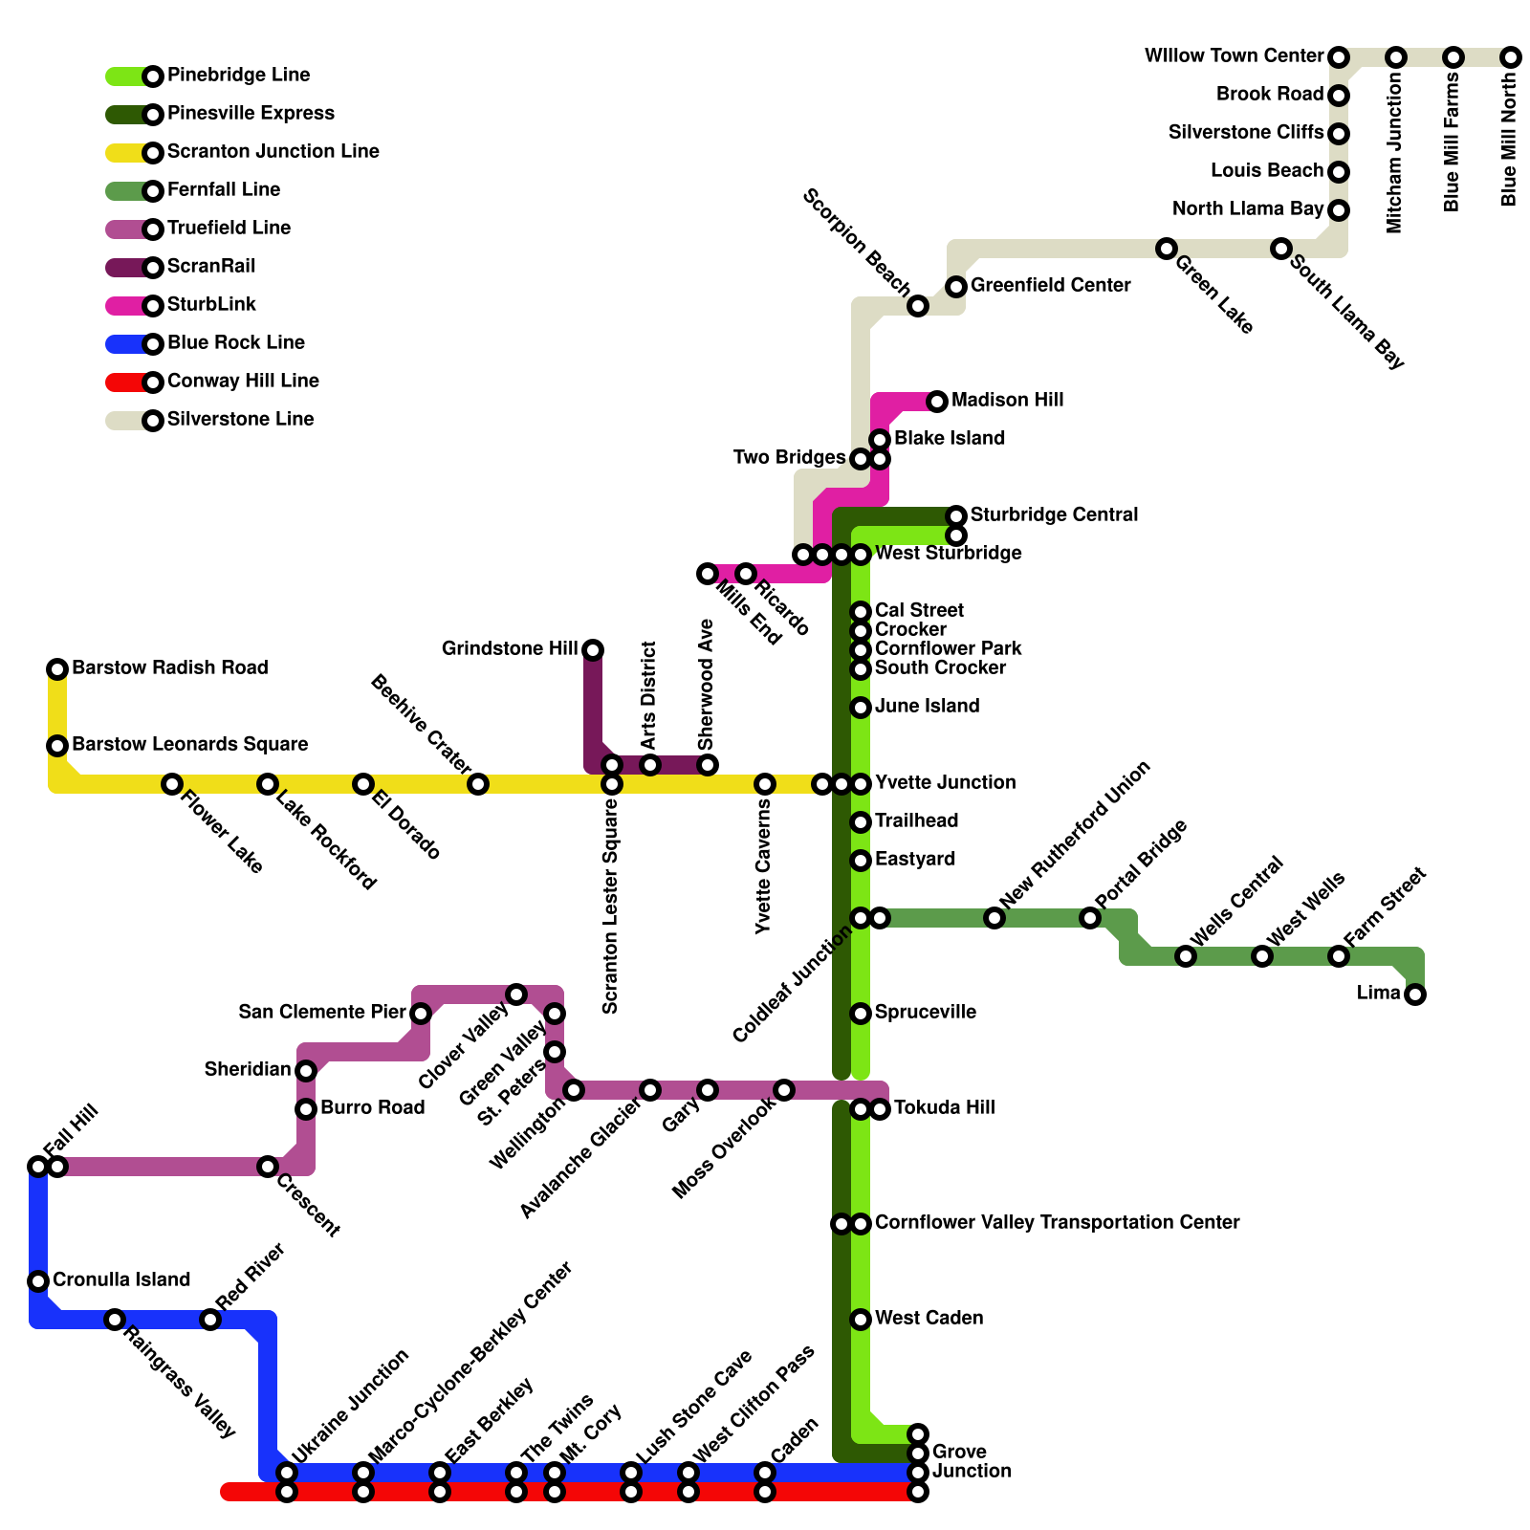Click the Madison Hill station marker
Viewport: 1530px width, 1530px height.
937,402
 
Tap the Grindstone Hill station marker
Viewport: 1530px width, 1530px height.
593,650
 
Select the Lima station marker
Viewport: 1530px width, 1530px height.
1415,994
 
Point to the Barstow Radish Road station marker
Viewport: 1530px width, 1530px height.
57,669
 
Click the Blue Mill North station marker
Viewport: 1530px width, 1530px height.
1511,57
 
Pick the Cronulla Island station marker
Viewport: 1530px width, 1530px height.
38,1281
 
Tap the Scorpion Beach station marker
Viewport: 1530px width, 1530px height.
918,306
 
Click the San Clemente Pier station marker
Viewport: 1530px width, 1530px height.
421,1014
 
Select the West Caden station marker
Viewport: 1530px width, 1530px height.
861,1320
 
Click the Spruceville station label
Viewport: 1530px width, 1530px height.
925,1012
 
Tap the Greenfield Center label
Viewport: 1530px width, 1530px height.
1050,285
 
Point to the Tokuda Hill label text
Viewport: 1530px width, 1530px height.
944,1107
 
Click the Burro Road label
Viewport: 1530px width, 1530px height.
372,1107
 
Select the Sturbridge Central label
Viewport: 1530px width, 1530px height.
1054,514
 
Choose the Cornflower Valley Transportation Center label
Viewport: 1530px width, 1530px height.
1057,1222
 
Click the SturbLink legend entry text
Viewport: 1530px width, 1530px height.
211,304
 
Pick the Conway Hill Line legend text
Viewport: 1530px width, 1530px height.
243,381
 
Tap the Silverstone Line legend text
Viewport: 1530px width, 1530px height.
240,419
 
